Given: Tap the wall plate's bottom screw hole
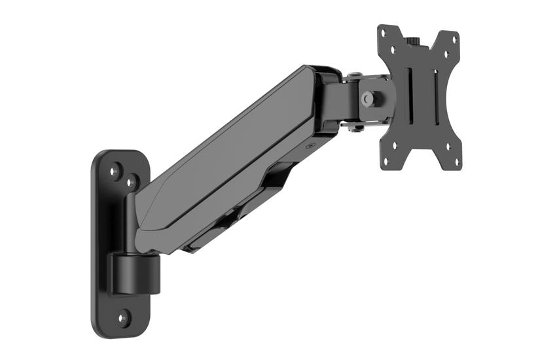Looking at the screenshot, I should point(122,319).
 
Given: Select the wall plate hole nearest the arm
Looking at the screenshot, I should point(131,182).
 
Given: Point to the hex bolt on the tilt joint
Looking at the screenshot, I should point(369,99).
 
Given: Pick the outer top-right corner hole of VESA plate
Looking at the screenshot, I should point(454,39).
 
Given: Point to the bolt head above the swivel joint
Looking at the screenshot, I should point(353,76).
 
